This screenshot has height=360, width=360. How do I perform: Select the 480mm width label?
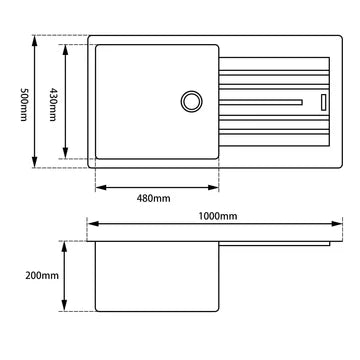point(156,197)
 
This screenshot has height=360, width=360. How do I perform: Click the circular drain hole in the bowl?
point(190,101)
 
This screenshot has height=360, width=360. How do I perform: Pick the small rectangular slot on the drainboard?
point(323,101)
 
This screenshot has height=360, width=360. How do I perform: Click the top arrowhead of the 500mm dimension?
point(37,40)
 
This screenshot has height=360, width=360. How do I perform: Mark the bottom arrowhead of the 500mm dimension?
point(37,163)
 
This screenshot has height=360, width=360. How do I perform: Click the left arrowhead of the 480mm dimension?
point(98,186)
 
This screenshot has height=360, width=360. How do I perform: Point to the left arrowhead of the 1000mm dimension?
point(91,225)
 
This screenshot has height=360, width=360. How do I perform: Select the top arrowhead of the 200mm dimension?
point(66,244)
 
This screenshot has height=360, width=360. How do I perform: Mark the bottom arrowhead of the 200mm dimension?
point(66,307)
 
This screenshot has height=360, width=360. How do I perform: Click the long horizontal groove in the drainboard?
point(260,101)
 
